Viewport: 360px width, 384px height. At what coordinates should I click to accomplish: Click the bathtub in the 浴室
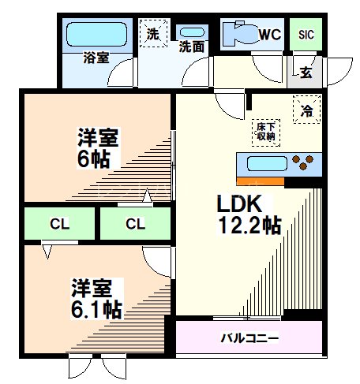pyautogui.click(x=96, y=35)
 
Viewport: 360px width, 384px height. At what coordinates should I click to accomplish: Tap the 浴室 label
pyautogui.click(x=96, y=57)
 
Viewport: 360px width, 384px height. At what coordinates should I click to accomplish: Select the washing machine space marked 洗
pyautogui.click(x=153, y=34)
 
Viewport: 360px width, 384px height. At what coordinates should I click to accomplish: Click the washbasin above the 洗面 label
pyautogui.click(x=192, y=33)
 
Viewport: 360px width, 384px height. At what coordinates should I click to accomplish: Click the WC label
pyautogui.click(x=271, y=34)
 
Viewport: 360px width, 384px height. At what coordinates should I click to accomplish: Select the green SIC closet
pyautogui.click(x=306, y=35)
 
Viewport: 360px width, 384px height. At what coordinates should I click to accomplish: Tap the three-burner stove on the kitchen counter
pyautogui.click(x=303, y=164)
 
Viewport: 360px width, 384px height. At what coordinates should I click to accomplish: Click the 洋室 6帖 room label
pyautogui.click(x=98, y=147)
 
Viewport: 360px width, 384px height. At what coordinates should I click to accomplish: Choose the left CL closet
pyautogui.click(x=59, y=223)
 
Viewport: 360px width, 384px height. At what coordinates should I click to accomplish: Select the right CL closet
pyautogui.click(x=136, y=223)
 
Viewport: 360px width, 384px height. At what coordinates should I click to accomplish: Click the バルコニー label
pyautogui.click(x=249, y=338)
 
